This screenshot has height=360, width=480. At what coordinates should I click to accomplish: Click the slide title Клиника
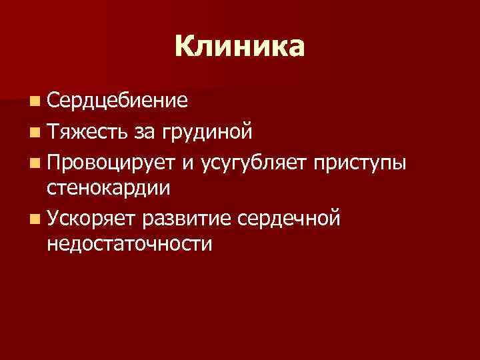240,47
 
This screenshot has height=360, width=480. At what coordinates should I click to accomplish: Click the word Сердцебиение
117,101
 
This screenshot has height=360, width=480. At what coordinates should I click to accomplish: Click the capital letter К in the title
185,47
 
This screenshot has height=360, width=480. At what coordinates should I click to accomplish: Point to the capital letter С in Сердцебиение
54,101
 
